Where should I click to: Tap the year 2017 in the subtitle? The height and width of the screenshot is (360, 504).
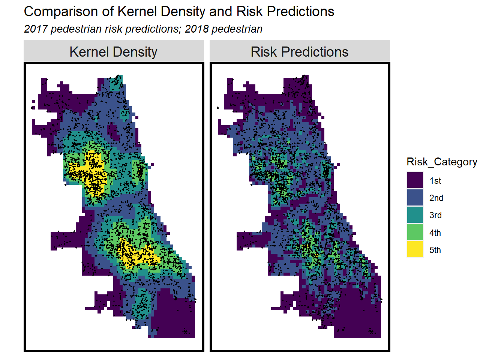pos(36,29)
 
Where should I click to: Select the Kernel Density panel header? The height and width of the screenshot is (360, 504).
pos(113,52)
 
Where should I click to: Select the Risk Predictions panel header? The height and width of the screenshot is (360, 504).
pos(299,52)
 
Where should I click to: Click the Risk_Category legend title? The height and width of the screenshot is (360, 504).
pos(442,162)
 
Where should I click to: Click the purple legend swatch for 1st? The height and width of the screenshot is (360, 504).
pos(415,180)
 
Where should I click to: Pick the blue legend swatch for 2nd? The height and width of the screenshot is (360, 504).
pos(415,198)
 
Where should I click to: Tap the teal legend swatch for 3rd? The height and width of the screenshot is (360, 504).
pos(415,215)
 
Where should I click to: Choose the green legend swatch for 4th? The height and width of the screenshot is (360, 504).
pos(415,232)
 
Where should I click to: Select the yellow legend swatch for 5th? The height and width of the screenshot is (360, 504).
pos(415,250)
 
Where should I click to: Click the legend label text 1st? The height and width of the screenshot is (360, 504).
pos(435,181)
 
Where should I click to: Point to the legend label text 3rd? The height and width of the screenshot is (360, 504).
pos(435,215)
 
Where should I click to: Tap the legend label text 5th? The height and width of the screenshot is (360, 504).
pos(435,250)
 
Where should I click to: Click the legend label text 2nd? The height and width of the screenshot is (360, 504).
pos(436,198)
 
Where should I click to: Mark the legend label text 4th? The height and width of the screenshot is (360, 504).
pos(435,233)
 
